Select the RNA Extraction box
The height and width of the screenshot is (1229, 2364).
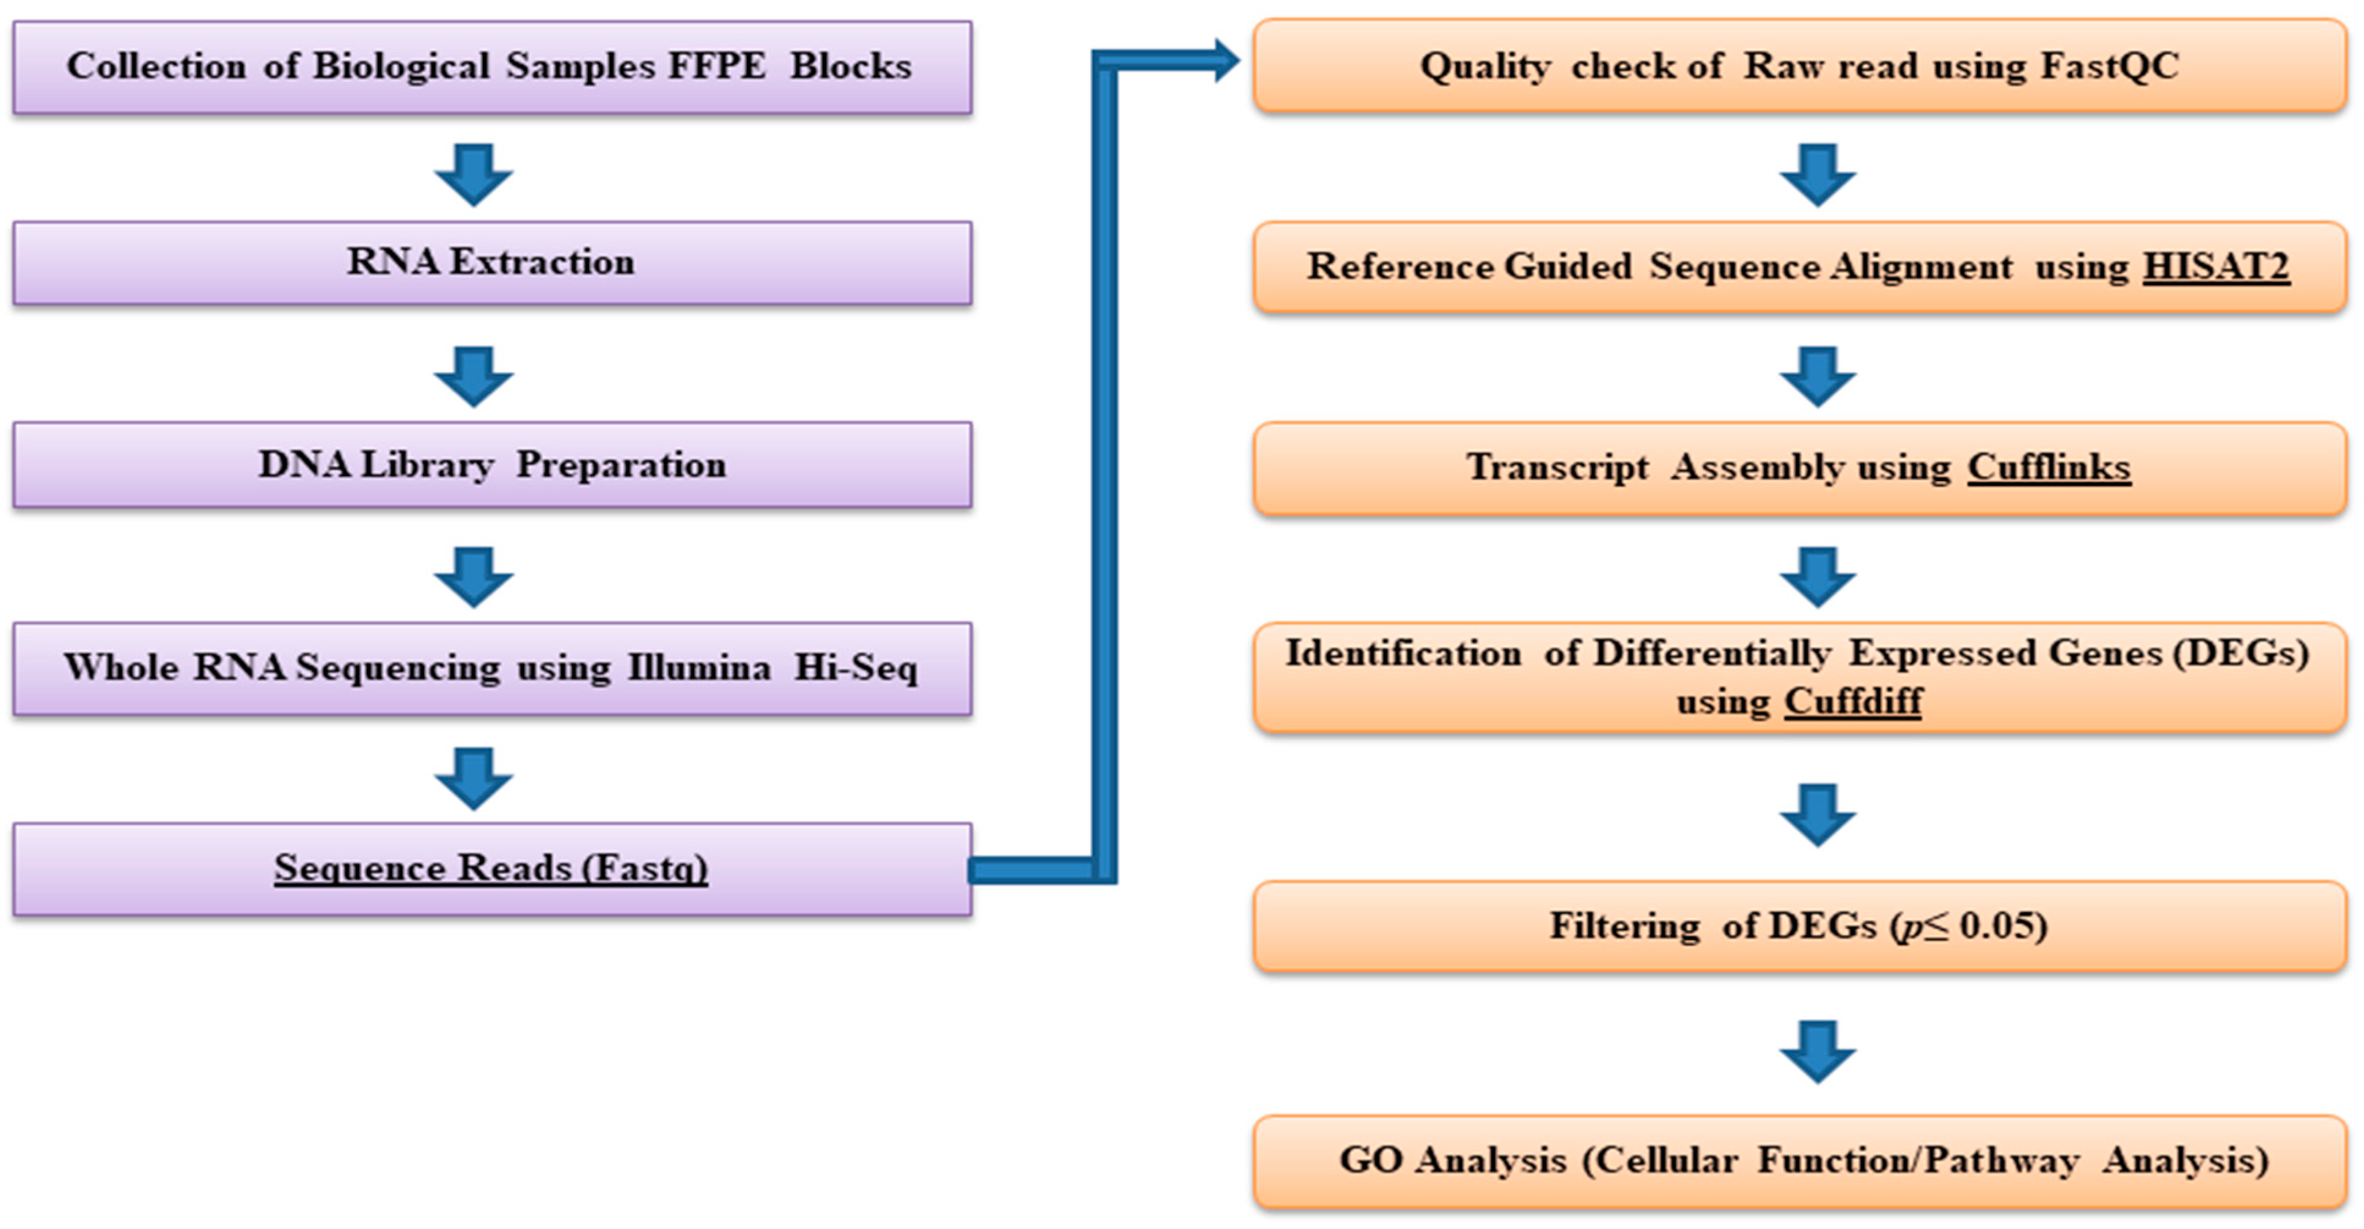click(492, 263)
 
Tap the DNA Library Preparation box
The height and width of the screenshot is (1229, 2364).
click(492, 464)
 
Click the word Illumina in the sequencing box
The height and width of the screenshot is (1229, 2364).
click(699, 667)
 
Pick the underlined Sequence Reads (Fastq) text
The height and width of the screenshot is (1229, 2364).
click(491, 867)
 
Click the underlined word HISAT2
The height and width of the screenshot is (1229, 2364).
click(2215, 267)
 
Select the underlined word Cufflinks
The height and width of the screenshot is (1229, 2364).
click(2048, 467)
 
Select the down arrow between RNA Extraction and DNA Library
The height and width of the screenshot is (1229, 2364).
click(474, 377)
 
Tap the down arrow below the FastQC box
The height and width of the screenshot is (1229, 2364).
click(1818, 174)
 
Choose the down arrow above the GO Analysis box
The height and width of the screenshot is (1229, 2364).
click(1818, 1052)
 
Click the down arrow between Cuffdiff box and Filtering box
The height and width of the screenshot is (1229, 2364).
click(1818, 815)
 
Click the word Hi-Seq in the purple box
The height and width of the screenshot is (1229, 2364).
click(855, 667)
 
